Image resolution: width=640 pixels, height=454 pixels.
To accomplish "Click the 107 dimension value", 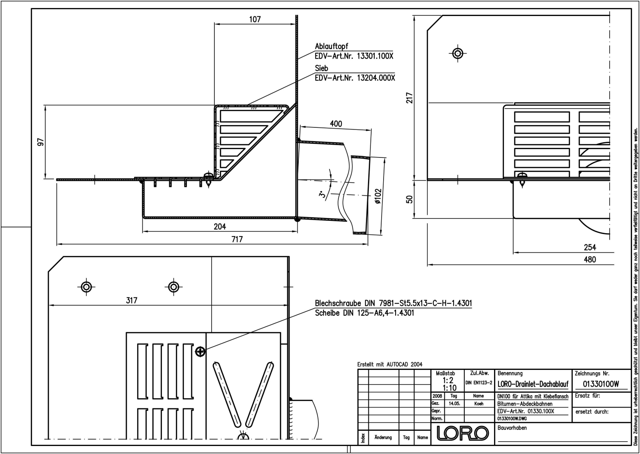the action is [x=255, y=19].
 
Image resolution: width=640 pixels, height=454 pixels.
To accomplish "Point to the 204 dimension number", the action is [x=220, y=227].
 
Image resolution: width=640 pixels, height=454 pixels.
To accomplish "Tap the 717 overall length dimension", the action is [x=237, y=239].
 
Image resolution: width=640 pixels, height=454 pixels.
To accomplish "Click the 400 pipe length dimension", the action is [x=336, y=124].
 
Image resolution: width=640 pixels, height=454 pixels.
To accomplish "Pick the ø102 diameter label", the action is [x=378, y=196].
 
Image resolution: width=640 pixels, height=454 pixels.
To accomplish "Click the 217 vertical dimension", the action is [x=410, y=98].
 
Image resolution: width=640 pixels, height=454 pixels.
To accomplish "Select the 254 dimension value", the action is [x=590, y=247].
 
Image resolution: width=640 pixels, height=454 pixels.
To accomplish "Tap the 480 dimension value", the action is [x=590, y=260].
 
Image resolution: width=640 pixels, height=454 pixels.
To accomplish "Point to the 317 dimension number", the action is [x=132, y=301].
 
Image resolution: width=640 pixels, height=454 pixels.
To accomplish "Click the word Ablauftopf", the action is [x=332, y=46].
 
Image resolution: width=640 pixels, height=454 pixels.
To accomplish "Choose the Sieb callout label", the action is [x=322, y=68].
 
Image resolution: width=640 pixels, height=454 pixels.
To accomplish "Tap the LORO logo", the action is [x=462, y=433].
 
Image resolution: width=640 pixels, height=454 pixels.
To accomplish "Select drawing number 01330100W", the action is [x=601, y=384].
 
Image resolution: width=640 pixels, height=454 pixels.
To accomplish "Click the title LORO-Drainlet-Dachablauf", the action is [x=533, y=384].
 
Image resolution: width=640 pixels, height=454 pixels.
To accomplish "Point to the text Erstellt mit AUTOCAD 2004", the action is [x=390, y=364].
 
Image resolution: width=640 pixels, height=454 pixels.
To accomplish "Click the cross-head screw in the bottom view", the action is [x=200, y=351].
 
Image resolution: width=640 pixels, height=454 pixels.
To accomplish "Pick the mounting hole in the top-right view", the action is [x=458, y=53].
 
